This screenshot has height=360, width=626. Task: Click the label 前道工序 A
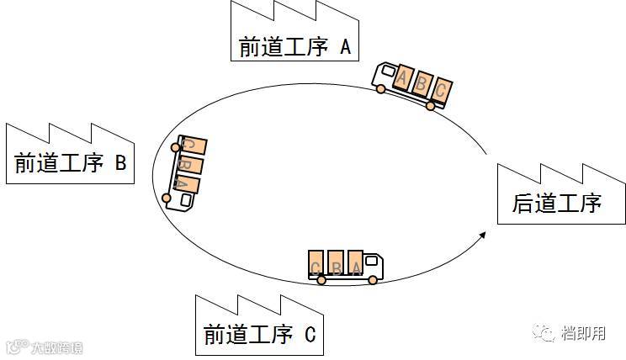[294, 46]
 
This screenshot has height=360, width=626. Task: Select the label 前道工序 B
[70, 162]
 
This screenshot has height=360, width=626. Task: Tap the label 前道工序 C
[259, 334]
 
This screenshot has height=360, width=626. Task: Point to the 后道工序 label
[557, 203]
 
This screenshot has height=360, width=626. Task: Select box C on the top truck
[441, 91]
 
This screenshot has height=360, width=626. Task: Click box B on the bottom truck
[337, 264]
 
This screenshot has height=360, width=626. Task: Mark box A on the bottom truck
[356, 264]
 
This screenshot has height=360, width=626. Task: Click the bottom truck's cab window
[374, 263]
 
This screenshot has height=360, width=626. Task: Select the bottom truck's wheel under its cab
[373, 281]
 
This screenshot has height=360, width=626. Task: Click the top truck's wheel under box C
[431, 106]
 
